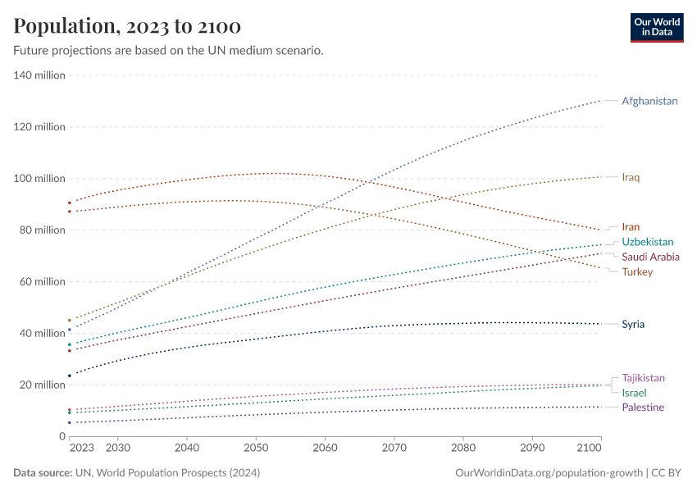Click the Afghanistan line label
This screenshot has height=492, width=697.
(649, 101)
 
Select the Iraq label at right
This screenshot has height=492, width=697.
(631, 177)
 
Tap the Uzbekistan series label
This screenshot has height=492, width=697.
(647, 242)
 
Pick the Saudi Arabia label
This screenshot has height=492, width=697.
(650, 257)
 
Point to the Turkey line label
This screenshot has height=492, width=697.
(637, 271)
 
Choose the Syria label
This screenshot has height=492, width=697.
(633, 324)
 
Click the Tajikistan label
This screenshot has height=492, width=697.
(643, 378)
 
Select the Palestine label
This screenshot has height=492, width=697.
(643, 408)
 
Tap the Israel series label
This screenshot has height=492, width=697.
(634, 393)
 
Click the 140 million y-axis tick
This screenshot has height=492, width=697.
(39, 75)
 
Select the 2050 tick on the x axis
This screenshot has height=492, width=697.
(256, 449)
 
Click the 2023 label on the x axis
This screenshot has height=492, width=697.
(82, 449)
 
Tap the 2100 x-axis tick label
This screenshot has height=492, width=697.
(589, 449)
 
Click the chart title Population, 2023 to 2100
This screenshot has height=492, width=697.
(127, 26)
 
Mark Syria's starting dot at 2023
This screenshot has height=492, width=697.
(70, 376)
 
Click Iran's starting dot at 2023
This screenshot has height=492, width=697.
(70, 203)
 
